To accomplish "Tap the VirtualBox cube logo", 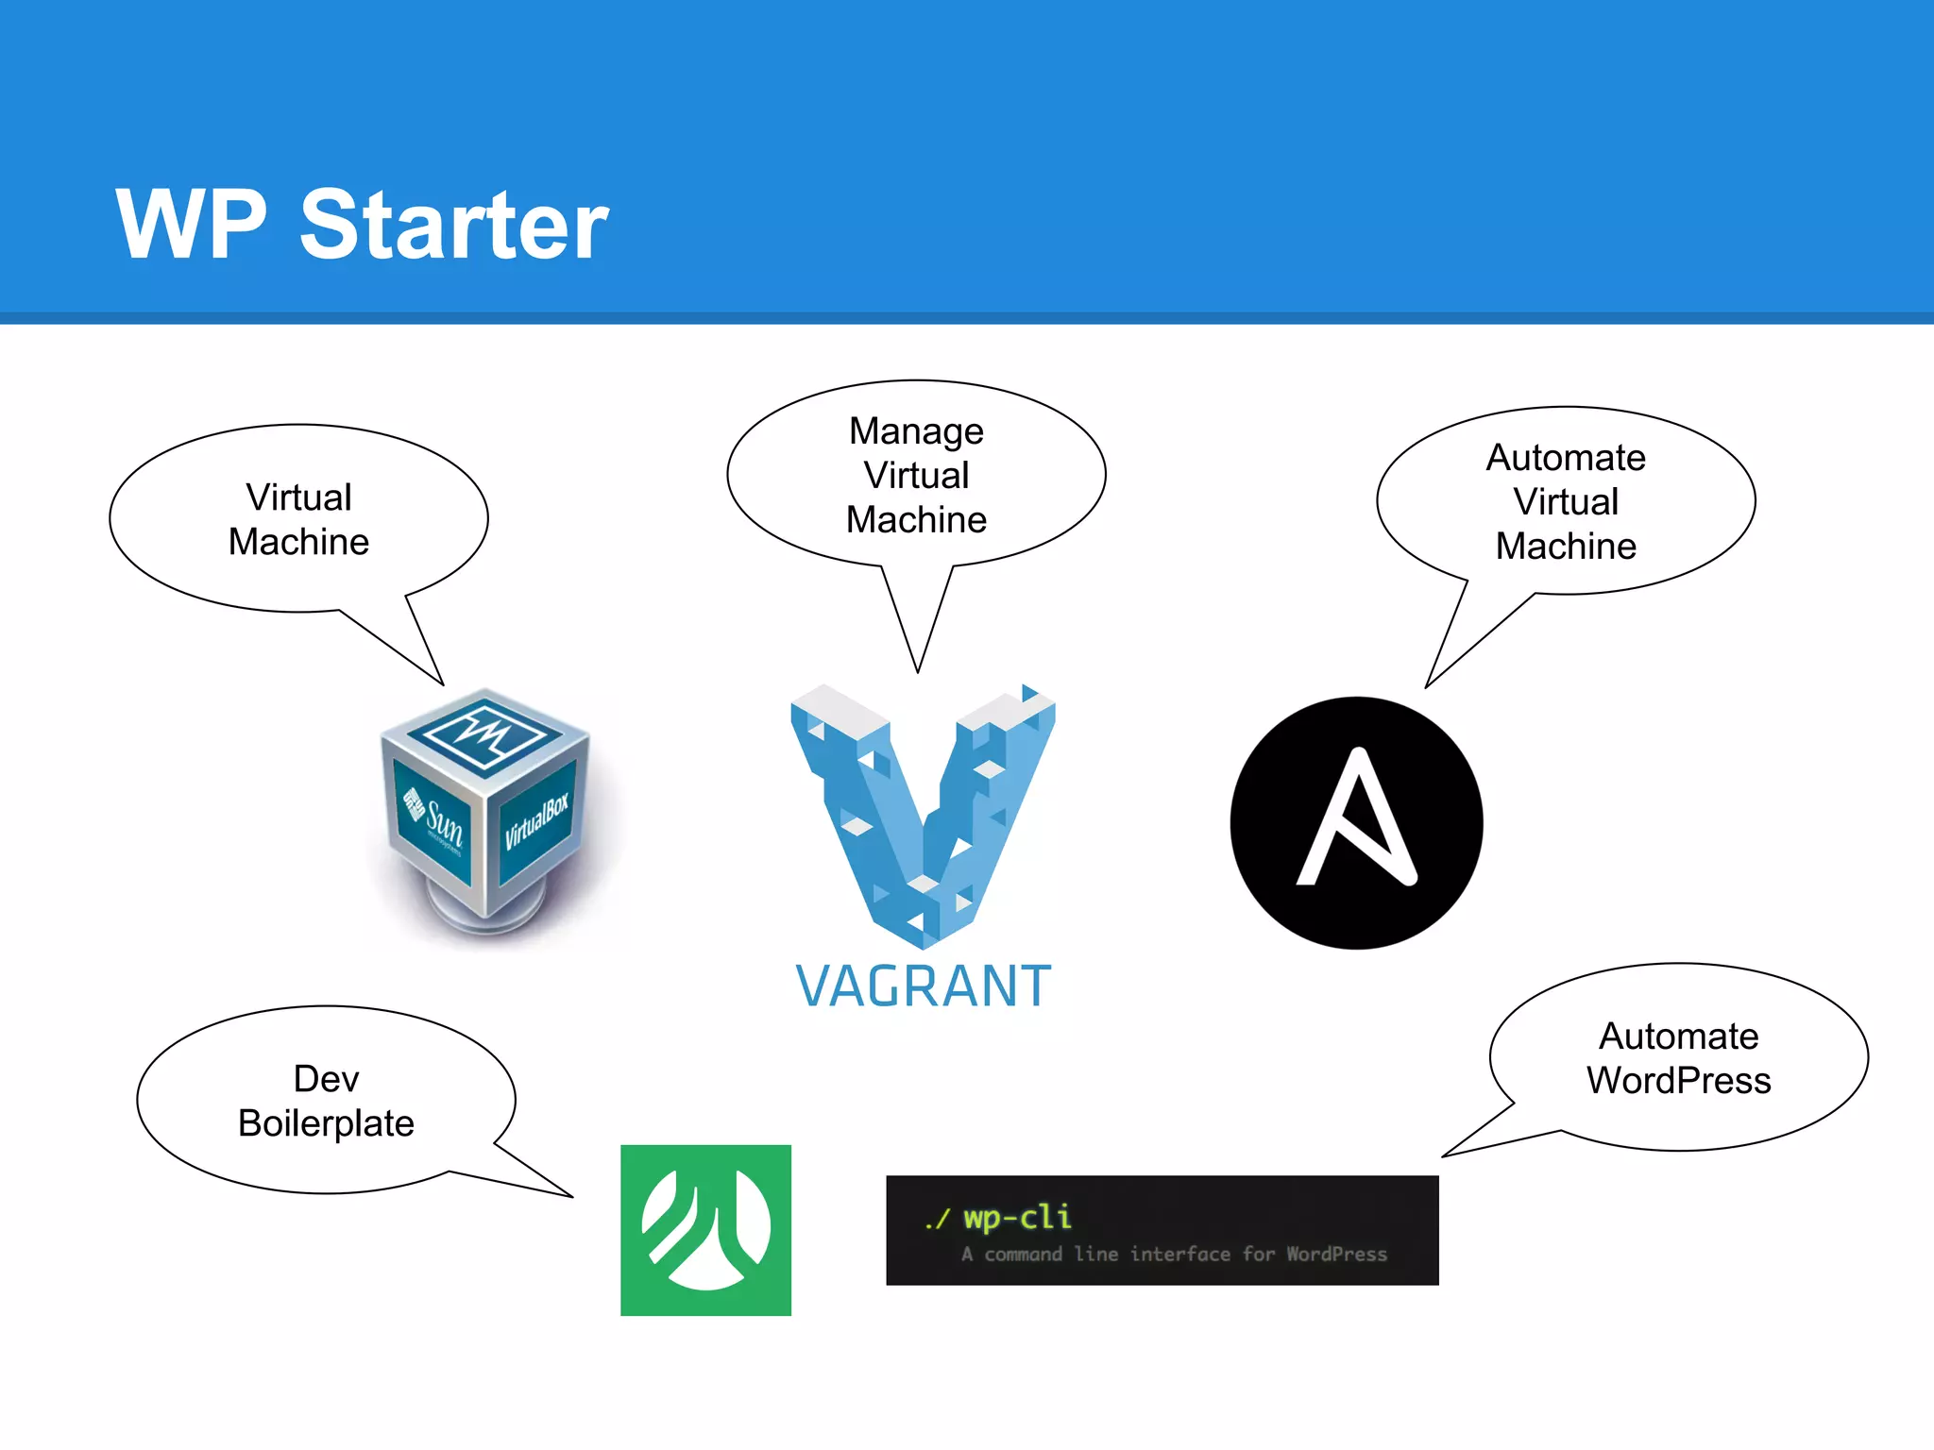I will [486, 812].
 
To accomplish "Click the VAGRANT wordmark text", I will [923, 986].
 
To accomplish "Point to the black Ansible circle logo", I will [1356, 823].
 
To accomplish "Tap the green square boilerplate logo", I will [705, 1230].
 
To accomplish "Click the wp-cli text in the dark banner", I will [1017, 1217].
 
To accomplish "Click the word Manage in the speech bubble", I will [916, 431].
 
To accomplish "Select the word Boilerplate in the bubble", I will [326, 1123].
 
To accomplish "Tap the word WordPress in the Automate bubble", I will [1678, 1081].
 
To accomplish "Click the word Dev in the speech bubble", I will [326, 1079].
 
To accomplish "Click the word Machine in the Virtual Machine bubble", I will [298, 542].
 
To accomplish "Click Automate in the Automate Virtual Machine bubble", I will [1565, 458].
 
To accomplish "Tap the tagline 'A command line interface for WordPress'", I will [1174, 1255].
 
